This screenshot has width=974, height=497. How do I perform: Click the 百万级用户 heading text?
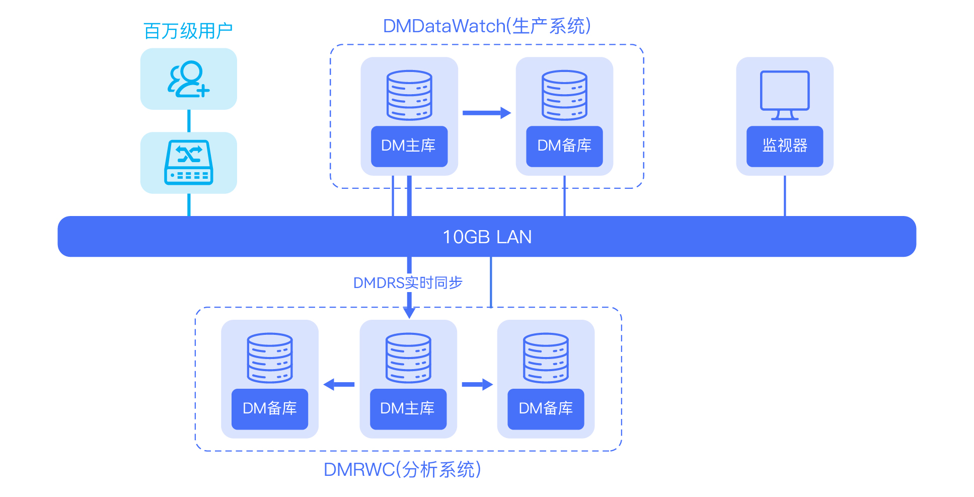coord(188,31)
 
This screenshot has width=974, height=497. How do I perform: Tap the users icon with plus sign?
coord(188,79)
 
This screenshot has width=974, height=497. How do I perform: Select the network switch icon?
coord(189,162)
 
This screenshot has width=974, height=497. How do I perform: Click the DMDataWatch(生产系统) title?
coord(487,26)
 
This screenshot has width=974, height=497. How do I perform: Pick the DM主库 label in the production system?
coord(409,146)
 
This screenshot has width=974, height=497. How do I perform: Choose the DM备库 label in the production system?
coord(564,146)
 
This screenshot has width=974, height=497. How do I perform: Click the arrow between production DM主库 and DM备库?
coord(486,113)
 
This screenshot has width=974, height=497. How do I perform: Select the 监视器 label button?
coord(785,146)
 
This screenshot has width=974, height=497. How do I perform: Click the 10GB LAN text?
coord(487,237)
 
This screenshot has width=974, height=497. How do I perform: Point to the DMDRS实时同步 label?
coord(408,283)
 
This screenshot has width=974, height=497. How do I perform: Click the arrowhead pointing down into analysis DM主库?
coord(409,313)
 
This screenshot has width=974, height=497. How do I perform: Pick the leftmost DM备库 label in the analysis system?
coord(270,408)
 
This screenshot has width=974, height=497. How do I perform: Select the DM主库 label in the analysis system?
coord(408,408)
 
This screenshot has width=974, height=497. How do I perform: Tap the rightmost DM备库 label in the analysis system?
coord(546,408)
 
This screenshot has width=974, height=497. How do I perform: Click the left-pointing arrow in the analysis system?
coord(339,385)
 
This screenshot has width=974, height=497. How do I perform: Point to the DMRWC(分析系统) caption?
coord(402,470)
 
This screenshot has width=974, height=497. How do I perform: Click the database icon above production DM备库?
coord(564,95)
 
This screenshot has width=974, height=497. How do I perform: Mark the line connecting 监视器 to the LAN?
coord(785,196)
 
